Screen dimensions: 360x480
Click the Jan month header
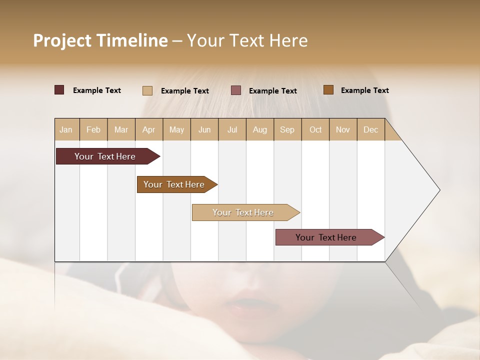coord(66,130)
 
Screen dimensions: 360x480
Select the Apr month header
coord(149,130)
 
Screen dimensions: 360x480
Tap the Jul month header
coord(232,130)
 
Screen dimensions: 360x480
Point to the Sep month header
coord(287,130)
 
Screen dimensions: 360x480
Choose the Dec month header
coord(370,130)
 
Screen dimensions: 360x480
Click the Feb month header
coord(93,130)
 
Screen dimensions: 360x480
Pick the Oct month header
coord(315,130)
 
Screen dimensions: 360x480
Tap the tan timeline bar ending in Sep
coord(243,212)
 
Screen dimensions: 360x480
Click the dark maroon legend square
coord(59,90)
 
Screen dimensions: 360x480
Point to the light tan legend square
coord(147,90)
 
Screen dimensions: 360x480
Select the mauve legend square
coord(236,90)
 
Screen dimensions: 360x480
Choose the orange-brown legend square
coord(328,90)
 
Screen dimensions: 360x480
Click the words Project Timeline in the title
coord(100,40)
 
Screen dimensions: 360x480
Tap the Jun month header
coord(204,130)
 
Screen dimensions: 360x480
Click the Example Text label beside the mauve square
coord(272,91)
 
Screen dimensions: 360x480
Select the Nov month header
coord(343,130)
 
